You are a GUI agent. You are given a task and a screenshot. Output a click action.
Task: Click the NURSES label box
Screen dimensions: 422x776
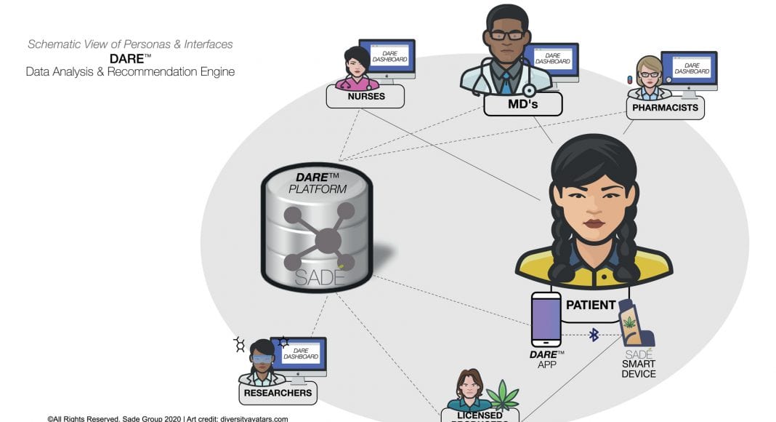pyautogui.click(x=365, y=96)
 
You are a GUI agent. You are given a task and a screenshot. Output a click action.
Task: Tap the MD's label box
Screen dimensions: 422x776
pyautogui.click(x=522, y=104)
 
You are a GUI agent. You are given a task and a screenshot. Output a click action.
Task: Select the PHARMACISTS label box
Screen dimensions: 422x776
pyautogui.click(x=665, y=108)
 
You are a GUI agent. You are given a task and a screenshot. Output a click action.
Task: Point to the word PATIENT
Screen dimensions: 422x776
pyautogui.click(x=591, y=305)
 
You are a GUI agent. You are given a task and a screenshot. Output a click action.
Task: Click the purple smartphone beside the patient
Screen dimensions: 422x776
pyautogui.click(x=546, y=319)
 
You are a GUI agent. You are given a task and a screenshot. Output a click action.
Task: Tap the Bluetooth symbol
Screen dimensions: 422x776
pyautogui.click(x=594, y=335)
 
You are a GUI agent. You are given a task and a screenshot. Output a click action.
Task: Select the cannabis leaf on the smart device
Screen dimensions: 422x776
pyautogui.click(x=629, y=322)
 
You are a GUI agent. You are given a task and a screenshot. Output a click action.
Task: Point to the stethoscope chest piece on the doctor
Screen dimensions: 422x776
pyautogui.click(x=530, y=90)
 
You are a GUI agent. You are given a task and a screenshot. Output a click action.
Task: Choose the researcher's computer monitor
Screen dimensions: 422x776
pyautogui.click(x=298, y=354)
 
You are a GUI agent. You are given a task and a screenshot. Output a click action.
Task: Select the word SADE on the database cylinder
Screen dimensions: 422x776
pyautogui.click(x=320, y=277)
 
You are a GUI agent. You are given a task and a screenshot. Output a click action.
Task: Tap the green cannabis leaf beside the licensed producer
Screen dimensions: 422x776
pyautogui.click(x=503, y=397)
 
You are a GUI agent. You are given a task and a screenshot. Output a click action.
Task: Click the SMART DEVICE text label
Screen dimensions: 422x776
pyautogui.click(x=639, y=369)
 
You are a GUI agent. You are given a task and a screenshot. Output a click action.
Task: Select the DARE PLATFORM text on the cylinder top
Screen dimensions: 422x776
pyautogui.click(x=318, y=183)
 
